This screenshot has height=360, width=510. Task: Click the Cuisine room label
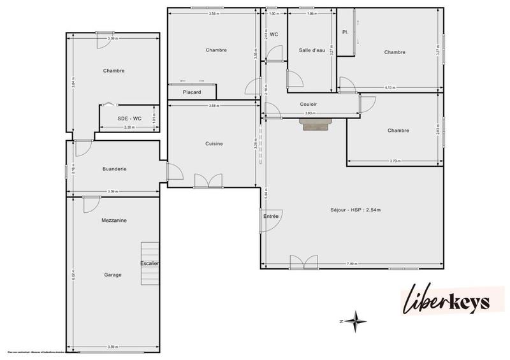point(214,144)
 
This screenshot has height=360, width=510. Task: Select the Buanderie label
point(115,169)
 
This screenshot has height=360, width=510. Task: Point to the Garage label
point(113,275)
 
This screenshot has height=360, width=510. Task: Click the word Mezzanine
point(114,220)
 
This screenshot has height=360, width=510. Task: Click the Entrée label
point(270,217)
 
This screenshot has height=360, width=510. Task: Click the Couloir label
point(309,104)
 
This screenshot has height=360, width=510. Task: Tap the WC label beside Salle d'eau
point(274,34)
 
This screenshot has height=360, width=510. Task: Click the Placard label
point(192,92)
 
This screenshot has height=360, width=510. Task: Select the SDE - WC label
point(129,119)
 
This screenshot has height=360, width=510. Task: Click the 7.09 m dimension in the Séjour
point(352,264)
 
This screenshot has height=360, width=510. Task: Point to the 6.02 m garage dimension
point(74,275)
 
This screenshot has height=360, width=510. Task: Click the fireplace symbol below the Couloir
point(317,125)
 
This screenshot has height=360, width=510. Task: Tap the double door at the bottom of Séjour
point(303,262)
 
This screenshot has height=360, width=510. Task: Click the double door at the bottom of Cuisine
point(208,181)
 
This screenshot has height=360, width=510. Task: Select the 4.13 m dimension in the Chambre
point(390,87)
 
